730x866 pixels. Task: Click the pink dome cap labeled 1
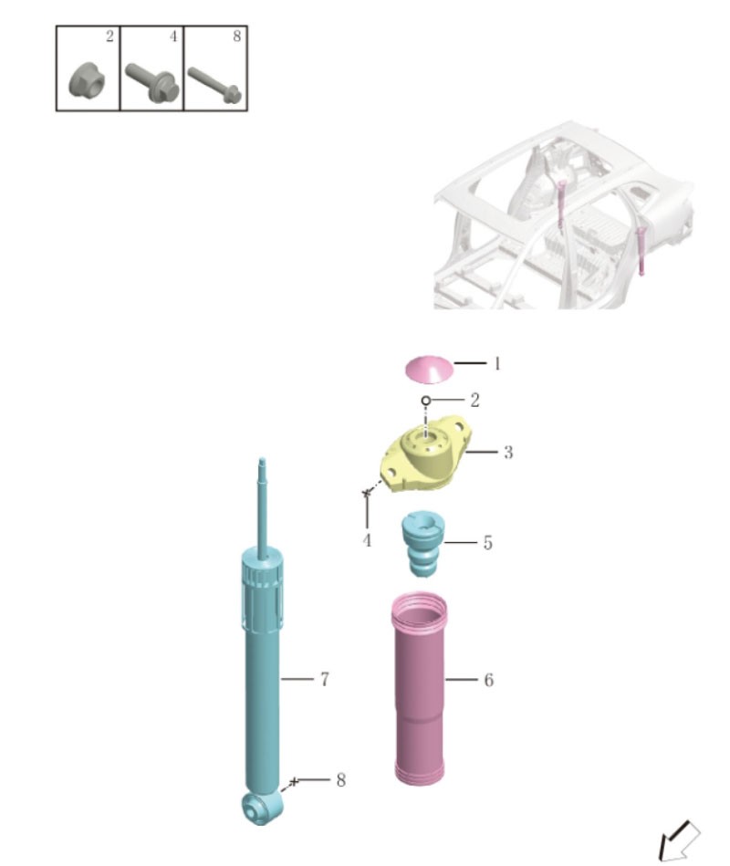(x=429, y=369)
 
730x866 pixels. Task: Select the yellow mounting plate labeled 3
(x=427, y=454)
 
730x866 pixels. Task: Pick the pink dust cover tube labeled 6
(x=420, y=689)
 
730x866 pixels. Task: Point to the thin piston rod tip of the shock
(x=262, y=464)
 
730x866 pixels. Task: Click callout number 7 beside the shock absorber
(x=325, y=679)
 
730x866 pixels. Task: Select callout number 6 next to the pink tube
(x=489, y=680)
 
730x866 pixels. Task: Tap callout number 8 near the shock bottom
(x=340, y=780)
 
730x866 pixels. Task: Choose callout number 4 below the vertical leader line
(x=367, y=540)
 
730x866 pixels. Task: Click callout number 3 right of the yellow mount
(x=508, y=453)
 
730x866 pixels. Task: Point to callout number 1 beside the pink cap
(x=497, y=363)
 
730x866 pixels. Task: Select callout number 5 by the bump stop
(x=487, y=542)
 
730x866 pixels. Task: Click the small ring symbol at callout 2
(x=426, y=400)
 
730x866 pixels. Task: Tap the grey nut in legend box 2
(x=86, y=81)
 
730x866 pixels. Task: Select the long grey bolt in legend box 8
(x=214, y=85)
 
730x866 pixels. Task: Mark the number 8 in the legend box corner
(x=237, y=37)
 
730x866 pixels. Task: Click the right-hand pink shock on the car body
(x=641, y=250)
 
